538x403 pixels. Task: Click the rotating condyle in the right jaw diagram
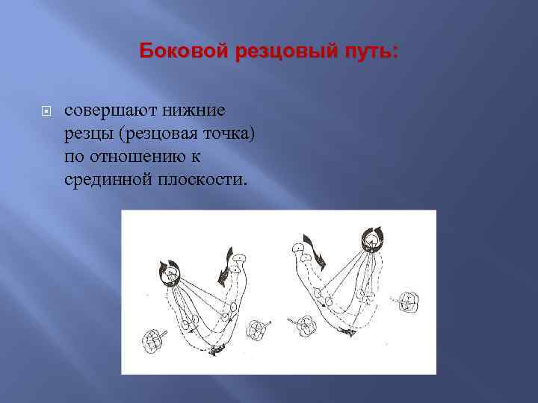[x=371, y=240]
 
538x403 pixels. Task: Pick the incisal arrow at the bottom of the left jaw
[x=218, y=349]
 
